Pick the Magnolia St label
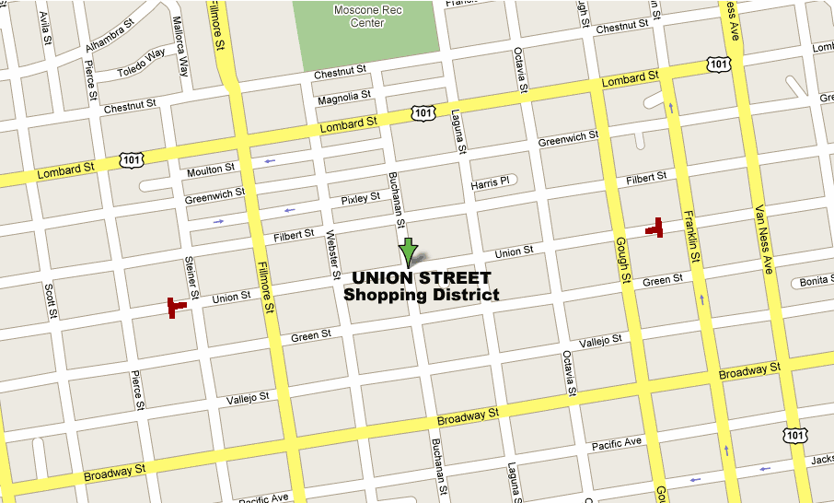pyautogui.click(x=343, y=97)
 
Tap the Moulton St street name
pyautogui.click(x=211, y=170)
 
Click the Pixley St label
pyautogui.click(x=360, y=198)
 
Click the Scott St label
pyautogui.click(x=50, y=301)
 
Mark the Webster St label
pyautogui.click(x=332, y=256)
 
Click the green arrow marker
pyautogui.click(x=409, y=251)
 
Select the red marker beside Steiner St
pyautogui.click(x=175, y=306)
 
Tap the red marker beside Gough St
pyautogui.click(x=655, y=228)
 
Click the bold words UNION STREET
pyautogui.click(x=421, y=278)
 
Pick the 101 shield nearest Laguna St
pyautogui.click(x=422, y=112)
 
